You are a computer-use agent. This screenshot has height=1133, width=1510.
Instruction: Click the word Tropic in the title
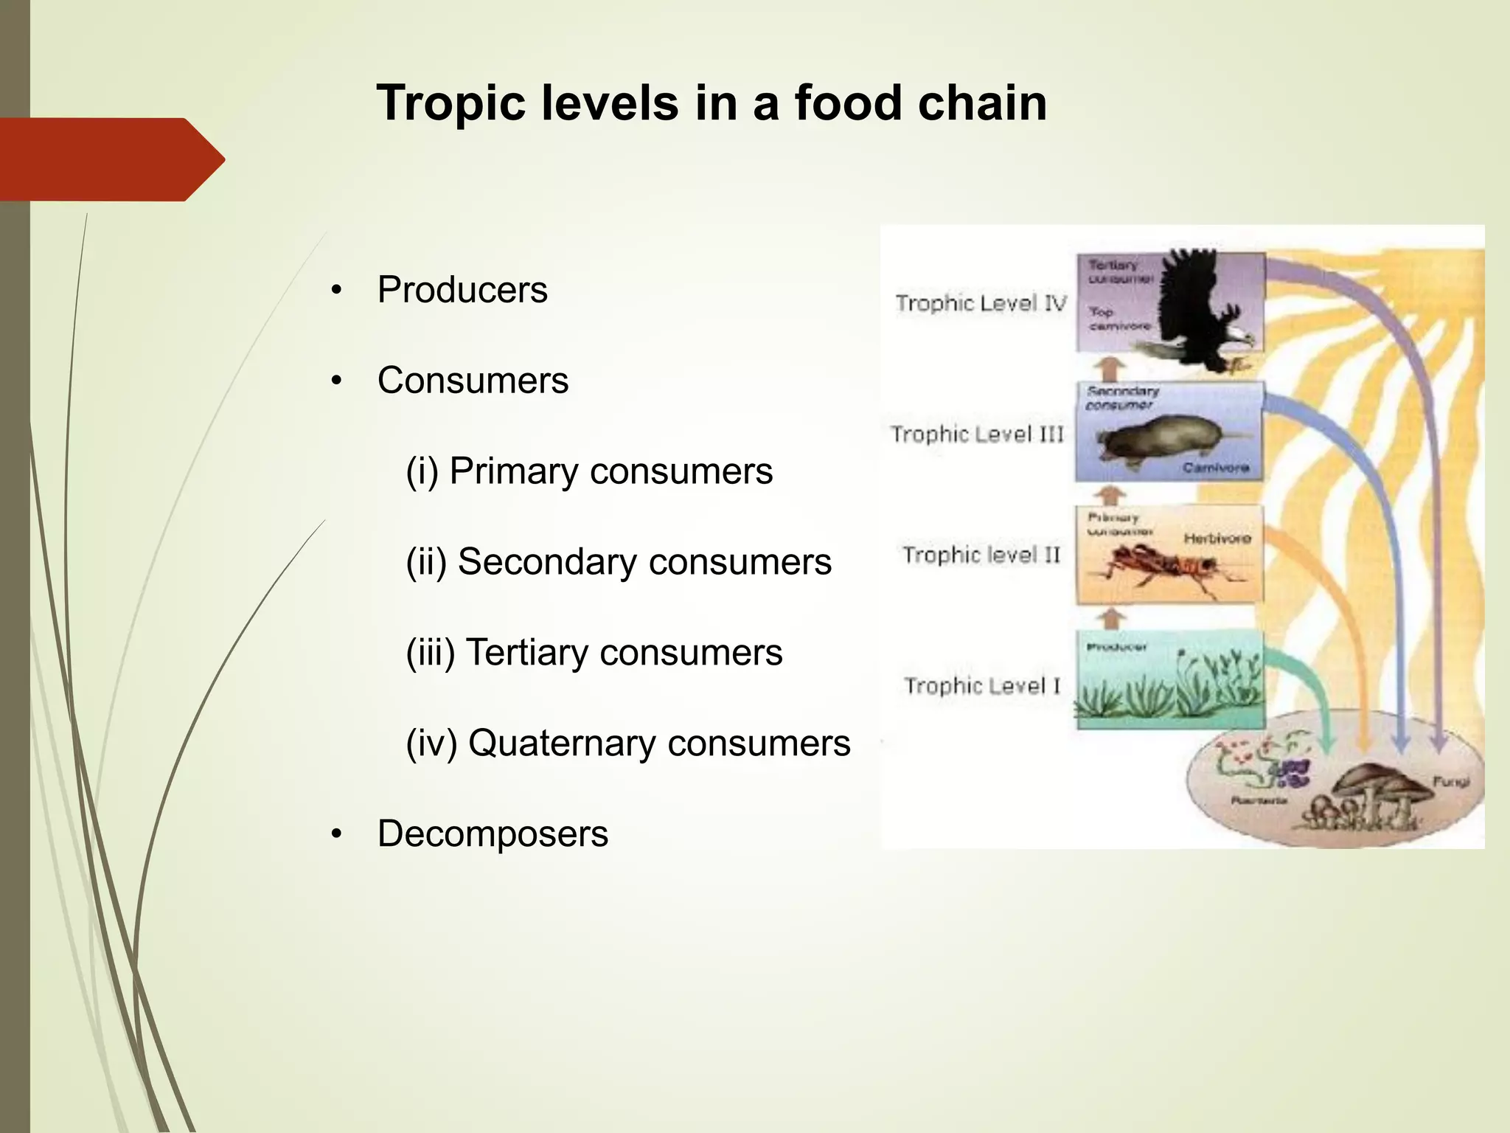450,103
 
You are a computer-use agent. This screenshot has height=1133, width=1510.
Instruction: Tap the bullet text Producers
462,290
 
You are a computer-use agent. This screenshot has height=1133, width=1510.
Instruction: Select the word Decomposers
493,834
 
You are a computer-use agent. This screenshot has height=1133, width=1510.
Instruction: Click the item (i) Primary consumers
588,471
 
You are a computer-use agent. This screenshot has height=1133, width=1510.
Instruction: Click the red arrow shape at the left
111,159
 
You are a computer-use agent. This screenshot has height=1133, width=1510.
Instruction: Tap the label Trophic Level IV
981,303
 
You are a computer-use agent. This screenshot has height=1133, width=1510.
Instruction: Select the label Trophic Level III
977,434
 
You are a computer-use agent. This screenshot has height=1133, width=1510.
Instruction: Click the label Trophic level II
981,555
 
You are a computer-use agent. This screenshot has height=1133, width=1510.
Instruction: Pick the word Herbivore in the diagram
1217,538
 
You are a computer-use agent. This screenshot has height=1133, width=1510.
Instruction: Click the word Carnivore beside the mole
1216,468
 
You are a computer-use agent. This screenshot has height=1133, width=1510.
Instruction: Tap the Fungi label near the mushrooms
1450,781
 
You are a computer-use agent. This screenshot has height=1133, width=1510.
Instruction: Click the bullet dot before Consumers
337,381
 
